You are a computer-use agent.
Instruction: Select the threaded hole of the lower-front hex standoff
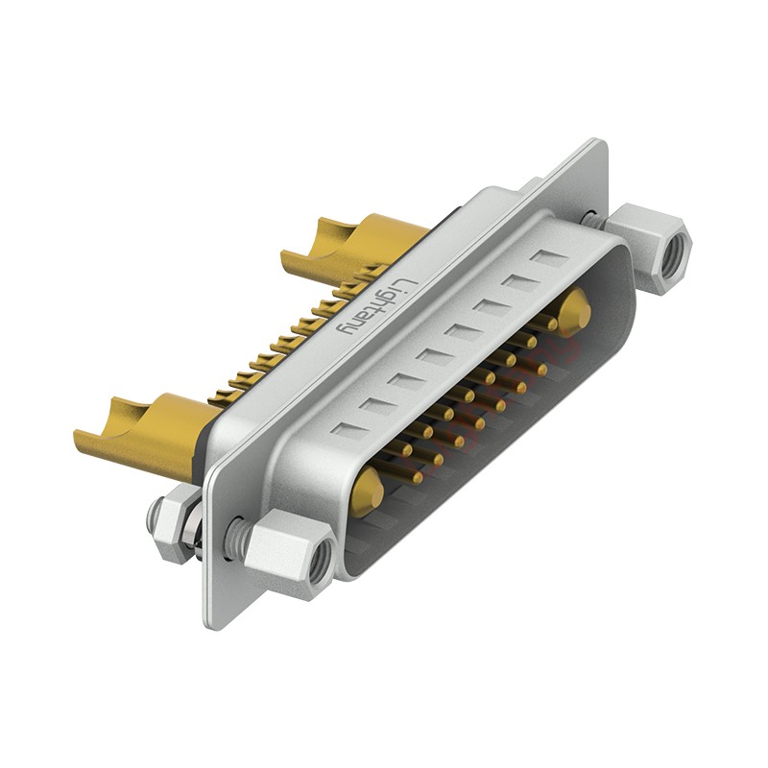point(321,559)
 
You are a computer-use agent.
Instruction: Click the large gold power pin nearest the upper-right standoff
point(574,311)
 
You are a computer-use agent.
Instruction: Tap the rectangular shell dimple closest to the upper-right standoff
point(550,258)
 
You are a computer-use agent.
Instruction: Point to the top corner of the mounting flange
point(602,144)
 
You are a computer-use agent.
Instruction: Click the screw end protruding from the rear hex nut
point(153,519)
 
